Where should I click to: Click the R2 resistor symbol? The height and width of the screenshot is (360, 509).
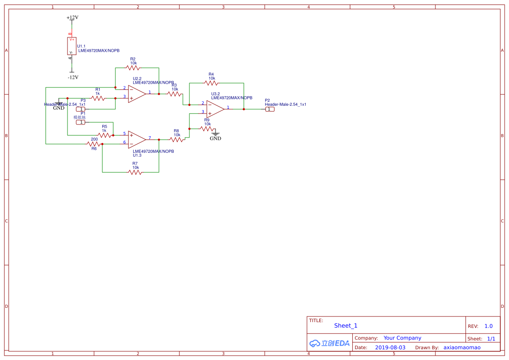pos(133,67)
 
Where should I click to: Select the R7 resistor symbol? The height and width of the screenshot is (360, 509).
pos(135,172)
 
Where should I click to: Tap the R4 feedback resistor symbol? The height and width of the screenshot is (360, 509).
pos(211,83)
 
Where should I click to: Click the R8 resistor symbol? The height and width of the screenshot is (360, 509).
pos(176,140)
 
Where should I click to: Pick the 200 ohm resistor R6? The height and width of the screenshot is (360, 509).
pos(94,144)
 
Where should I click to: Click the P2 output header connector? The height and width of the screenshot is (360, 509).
pos(270,109)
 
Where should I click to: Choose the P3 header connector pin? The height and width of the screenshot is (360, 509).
pos(81,109)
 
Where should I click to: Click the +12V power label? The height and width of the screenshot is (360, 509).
pos(72,18)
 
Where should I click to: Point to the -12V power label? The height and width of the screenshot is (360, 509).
pos(73,77)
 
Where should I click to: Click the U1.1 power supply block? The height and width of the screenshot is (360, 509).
pos(72,46)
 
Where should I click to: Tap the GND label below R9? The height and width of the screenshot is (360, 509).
pos(216,138)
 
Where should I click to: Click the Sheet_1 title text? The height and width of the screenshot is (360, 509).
pos(346,326)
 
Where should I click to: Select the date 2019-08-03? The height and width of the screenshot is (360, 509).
pos(390,347)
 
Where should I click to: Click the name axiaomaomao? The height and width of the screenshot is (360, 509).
pos(462,347)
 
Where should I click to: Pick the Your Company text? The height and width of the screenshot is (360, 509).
pos(402,338)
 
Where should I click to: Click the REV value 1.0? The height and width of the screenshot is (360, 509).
pos(489,326)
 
